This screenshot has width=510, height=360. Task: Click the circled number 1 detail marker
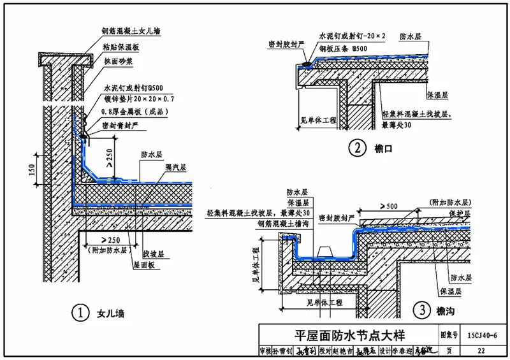tap(79, 313)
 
